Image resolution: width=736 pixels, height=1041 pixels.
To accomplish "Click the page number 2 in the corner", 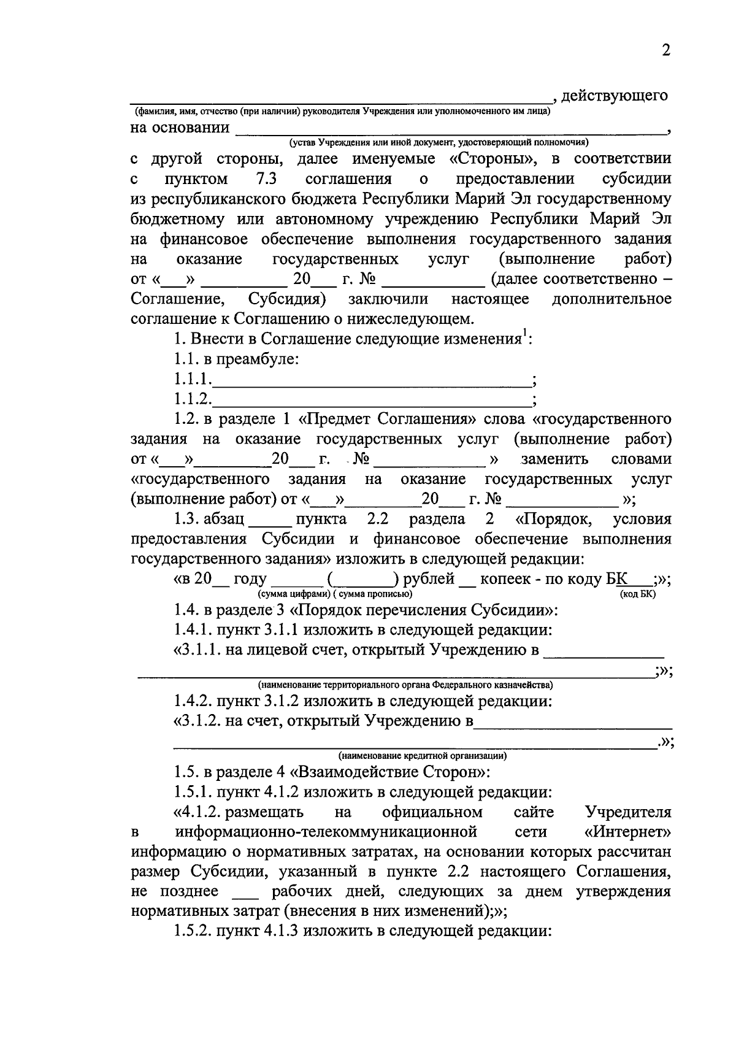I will [x=666, y=50].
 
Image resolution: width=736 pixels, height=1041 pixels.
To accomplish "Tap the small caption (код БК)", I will [x=638, y=594].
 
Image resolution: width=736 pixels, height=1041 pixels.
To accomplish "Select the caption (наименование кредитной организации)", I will [x=423, y=756].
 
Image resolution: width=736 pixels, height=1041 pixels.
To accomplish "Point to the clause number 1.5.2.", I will [x=193, y=931].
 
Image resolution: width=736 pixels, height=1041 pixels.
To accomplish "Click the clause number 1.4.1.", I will [x=193, y=630].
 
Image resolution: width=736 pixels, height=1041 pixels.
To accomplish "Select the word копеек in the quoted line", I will [x=509, y=579].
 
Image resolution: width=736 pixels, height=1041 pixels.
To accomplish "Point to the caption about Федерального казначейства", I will [x=405, y=685].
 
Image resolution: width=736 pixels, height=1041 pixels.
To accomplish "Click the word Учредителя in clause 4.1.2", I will [x=628, y=812].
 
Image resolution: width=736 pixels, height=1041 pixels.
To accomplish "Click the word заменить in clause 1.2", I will [x=554, y=459].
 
